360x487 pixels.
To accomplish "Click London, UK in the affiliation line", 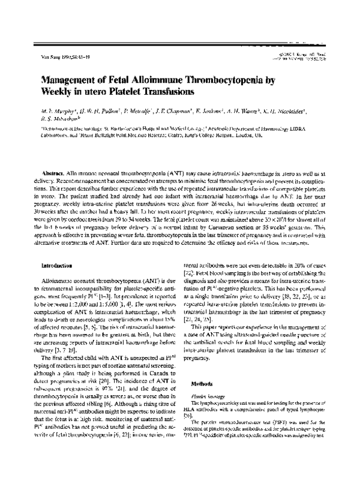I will coord(301,136).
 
